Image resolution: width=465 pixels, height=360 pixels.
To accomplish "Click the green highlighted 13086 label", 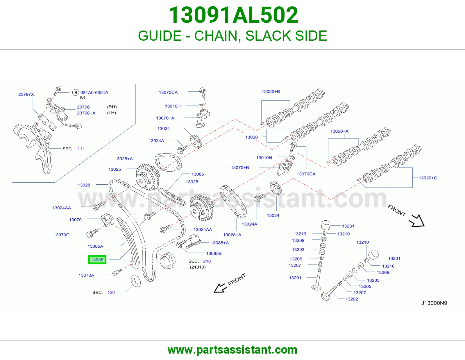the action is point(97,260).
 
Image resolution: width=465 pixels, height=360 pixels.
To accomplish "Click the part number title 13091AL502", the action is point(233,15).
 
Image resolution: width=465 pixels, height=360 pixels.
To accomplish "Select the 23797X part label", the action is point(26,94).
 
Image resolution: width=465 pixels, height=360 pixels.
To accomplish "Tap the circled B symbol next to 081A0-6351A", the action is point(76,93).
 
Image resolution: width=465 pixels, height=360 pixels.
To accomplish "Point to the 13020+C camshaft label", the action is point(428,178).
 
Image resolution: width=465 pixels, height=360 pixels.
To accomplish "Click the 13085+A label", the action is point(220,243).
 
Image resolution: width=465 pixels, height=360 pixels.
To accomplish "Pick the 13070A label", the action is point(86,275).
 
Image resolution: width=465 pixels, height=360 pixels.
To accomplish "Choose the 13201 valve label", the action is point(295,278).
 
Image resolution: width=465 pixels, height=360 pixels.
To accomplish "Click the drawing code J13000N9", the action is point(434,303).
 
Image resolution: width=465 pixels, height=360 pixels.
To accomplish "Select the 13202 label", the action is point(352,299).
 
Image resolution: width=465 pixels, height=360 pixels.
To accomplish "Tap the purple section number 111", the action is point(81,149).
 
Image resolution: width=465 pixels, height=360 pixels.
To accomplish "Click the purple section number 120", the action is point(111,292).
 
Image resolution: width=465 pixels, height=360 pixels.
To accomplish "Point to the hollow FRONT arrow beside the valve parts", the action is point(417,221).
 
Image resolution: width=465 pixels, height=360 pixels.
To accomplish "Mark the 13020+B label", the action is point(271,91).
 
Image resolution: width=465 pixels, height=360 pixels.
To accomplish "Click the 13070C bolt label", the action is point(61,235).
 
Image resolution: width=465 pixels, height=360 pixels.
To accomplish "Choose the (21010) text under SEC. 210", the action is point(198,267).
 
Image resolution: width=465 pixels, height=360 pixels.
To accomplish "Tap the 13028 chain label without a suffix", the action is point(84,185).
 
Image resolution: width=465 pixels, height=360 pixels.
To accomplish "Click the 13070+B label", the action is point(240,168).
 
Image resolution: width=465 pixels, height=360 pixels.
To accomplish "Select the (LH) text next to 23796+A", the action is point(112,113).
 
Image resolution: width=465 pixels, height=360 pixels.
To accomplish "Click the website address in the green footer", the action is point(233,350).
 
